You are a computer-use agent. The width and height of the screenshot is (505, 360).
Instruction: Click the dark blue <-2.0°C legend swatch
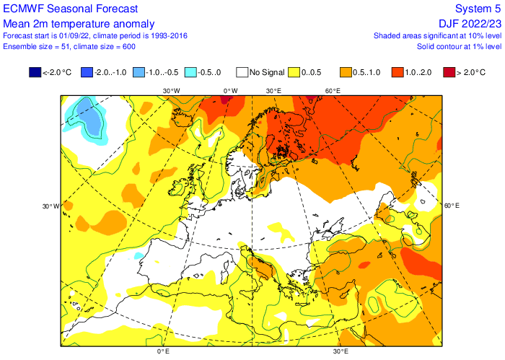[x=35, y=72]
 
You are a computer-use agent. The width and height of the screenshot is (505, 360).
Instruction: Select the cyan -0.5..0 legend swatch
[x=190, y=72]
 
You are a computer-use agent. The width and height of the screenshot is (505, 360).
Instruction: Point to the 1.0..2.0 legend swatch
[x=396, y=72]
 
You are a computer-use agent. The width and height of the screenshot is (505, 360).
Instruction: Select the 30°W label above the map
[x=171, y=91]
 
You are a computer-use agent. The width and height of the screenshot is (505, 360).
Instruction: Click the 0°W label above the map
[x=229, y=91]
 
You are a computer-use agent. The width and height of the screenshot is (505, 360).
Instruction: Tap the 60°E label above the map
[x=332, y=91]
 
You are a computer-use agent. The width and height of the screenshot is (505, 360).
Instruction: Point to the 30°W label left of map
[x=50, y=206]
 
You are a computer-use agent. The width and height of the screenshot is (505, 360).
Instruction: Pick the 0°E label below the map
[x=163, y=351]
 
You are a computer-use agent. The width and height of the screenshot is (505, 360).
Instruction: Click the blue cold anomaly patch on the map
[x=91, y=116]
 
